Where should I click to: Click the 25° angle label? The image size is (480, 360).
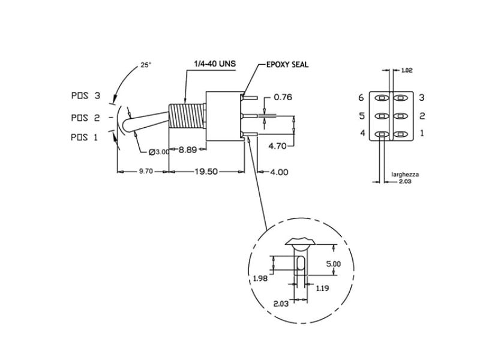(146, 65)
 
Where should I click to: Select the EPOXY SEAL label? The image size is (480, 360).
(287, 64)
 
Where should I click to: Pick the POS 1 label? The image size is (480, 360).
(84, 137)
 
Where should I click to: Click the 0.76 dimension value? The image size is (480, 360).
(283, 97)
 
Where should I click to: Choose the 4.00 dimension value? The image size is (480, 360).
(279, 172)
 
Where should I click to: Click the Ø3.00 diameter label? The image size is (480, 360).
(153, 152)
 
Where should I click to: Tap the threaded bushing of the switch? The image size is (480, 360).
(186, 117)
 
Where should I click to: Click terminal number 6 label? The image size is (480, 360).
(361, 98)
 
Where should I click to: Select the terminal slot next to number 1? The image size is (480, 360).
(402, 134)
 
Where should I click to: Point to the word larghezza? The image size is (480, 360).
(405, 175)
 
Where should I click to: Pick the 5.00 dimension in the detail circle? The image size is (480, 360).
(333, 264)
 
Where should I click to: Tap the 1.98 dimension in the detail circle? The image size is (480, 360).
(259, 278)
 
